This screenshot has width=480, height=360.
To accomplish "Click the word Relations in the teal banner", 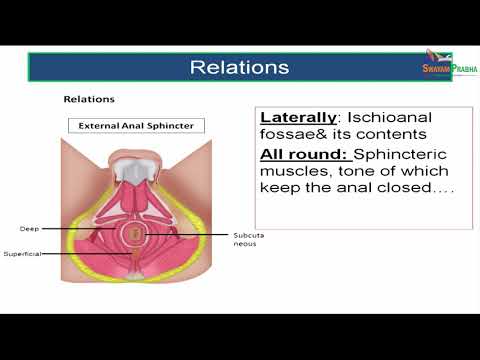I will point(240,68).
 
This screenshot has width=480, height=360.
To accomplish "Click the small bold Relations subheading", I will point(89,100).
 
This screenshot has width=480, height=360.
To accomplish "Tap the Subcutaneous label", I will point(249,239).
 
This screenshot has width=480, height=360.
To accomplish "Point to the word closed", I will point(402,194).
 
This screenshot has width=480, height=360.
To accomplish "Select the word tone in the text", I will point(360,175).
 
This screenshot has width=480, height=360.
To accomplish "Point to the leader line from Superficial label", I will point(90,254).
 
